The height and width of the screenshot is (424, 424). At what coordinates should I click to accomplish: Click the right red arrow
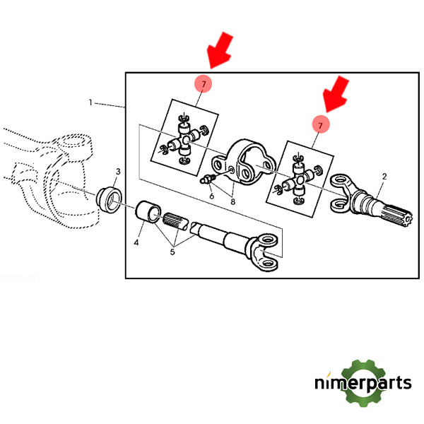(x=334, y=95)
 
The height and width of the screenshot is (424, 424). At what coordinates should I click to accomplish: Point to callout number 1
(x=90, y=103)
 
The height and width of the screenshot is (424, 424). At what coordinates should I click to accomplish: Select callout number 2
(x=384, y=176)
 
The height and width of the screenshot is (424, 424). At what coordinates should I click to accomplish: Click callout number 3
(x=118, y=172)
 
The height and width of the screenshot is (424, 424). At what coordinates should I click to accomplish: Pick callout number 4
(x=137, y=243)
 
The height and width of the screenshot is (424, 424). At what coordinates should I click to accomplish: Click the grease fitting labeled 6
(x=208, y=179)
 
